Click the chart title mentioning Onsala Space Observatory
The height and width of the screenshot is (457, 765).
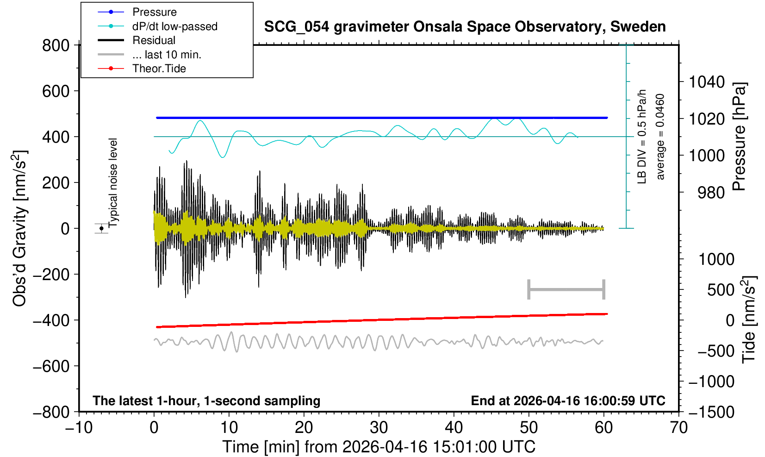[x=465, y=27]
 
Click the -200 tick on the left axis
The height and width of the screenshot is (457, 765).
[x=51, y=274]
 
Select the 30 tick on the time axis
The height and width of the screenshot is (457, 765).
[x=379, y=427]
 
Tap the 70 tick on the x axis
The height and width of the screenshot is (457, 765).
[x=678, y=427]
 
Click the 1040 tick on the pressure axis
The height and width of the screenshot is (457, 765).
[x=707, y=82]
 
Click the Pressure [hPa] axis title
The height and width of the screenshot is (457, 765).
[x=740, y=137]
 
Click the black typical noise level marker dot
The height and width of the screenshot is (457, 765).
[x=101, y=228]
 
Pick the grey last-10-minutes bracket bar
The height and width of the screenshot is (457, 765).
[x=566, y=289]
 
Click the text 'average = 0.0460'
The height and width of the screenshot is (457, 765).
[x=660, y=137]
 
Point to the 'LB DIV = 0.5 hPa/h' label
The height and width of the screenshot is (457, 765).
[x=642, y=137]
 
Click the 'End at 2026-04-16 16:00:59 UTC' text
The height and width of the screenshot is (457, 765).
[x=568, y=401]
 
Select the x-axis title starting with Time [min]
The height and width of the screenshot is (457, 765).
[x=379, y=447]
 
